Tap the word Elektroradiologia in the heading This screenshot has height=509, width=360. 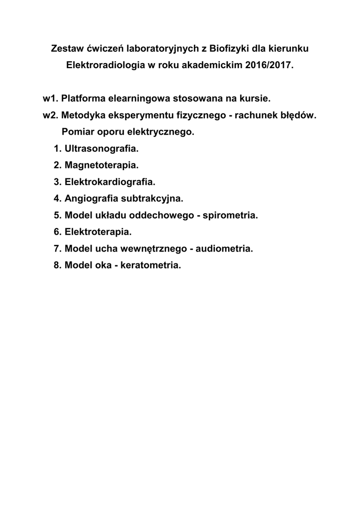coord(103,65)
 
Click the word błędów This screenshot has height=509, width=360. coord(297,115)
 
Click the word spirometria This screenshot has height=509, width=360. coord(230,215)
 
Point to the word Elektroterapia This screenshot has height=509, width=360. coord(98,232)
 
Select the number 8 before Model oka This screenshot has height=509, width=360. coord(56,265)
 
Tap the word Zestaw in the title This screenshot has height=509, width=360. coord(68,49)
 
